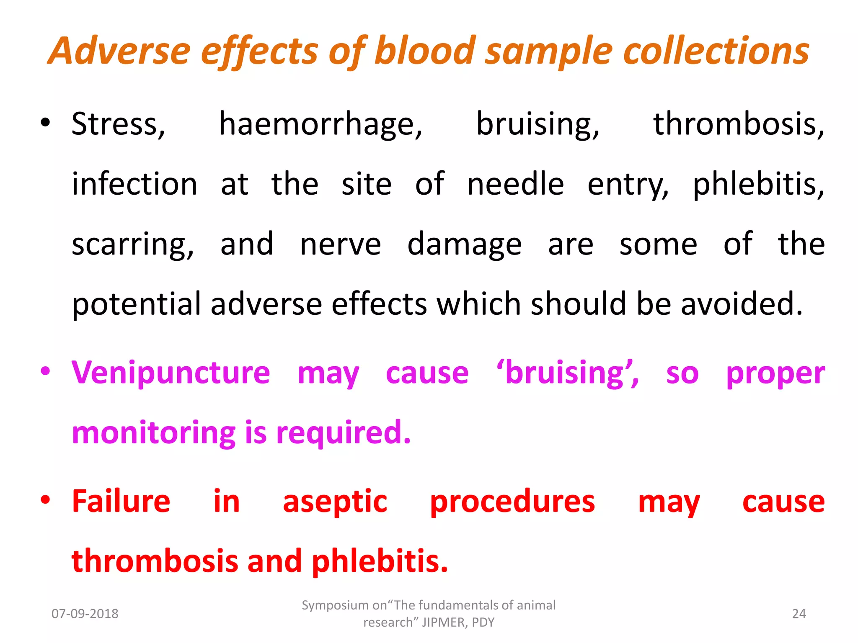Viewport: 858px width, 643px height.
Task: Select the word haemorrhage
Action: coord(320,124)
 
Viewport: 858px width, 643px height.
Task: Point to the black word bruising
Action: coord(538,124)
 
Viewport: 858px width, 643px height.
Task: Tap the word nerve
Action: coord(340,244)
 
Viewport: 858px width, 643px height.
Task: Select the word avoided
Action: coord(742,304)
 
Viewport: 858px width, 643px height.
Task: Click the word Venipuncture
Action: coord(171,373)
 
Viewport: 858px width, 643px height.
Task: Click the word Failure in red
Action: coord(121,501)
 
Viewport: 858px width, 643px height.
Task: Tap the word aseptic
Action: coord(335,502)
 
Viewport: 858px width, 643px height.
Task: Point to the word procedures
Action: coord(512,502)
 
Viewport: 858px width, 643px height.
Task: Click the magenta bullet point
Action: coord(45,371)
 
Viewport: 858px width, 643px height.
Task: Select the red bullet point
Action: coord(45,499)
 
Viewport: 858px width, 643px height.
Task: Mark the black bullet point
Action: coord(45,123)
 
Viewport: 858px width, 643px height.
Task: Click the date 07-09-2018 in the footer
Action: coord(85,614)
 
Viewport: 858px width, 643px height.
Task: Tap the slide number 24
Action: coord(799,614)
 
